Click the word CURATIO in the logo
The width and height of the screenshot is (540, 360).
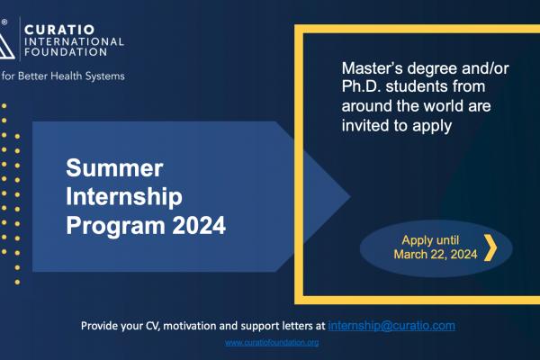click(x=59, y=30)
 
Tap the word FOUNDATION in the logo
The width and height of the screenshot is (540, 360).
click(x=66, y=52)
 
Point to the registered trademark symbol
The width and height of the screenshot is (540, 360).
click(x=4, y=22)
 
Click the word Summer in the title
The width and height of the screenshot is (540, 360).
click(x=114, y=168)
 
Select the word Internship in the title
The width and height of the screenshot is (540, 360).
click(x=124, y=197)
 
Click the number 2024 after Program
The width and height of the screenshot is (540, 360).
click(x=199, y=226)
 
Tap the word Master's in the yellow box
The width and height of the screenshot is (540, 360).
click(x=372, y=68)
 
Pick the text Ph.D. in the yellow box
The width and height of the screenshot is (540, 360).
click(x=361, y=86)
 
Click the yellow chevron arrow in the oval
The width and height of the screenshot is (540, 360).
click(x=490, y=247)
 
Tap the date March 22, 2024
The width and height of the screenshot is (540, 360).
click(x=436, y=255)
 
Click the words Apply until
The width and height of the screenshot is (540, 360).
click(x=430, y=240)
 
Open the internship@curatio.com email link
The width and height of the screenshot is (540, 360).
click(x=391, y=326)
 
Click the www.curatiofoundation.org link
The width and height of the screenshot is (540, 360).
click(x=272, y=342)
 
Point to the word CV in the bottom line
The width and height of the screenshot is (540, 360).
click(x=153, y=326)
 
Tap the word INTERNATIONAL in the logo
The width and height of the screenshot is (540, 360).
click(x=74, y=41)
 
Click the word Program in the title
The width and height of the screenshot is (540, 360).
click(x=116, y=226)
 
